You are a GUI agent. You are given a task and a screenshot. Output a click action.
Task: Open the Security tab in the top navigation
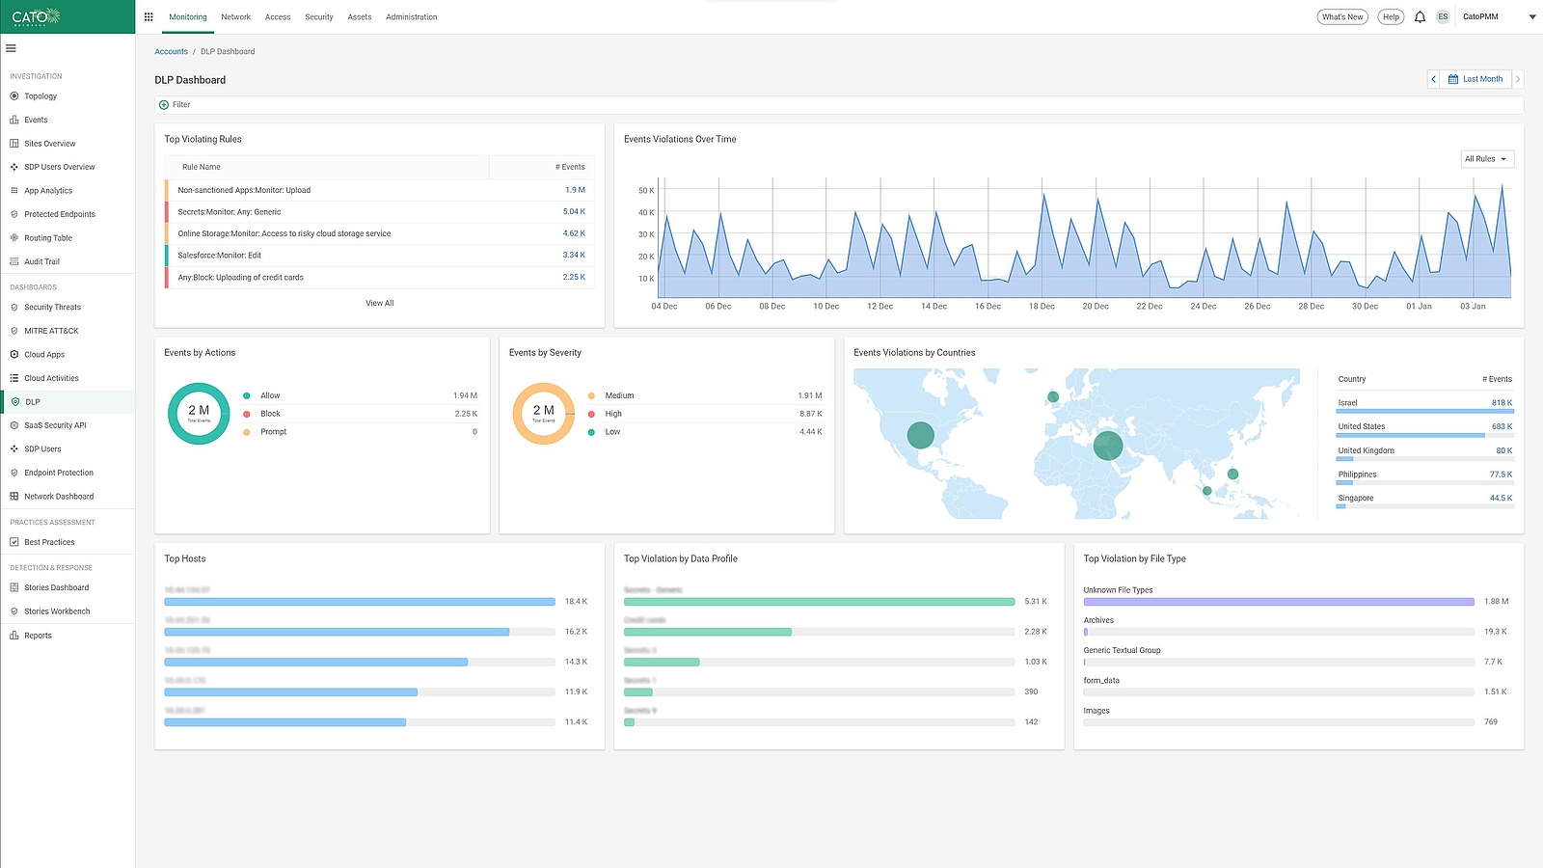coord(319,17)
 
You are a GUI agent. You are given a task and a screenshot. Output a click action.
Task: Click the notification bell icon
coord(1420,17)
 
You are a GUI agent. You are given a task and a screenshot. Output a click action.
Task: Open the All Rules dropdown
coord(1485,159)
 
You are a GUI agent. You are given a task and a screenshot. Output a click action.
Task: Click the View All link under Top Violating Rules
coord(379,304)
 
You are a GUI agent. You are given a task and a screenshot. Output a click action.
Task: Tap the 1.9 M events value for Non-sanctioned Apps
coord(575,190)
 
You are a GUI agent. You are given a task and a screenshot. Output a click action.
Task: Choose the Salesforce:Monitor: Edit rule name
coord(220,256)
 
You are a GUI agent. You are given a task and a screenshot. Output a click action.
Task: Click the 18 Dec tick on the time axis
coord(1042,307)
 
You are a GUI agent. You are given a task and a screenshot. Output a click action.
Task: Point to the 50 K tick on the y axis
coord(646,191)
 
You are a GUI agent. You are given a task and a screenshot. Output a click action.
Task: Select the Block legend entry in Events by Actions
coord(270,414)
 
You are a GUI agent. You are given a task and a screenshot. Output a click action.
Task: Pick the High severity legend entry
coord(613,414)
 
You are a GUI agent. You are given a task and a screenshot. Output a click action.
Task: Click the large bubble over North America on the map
coord(921,435)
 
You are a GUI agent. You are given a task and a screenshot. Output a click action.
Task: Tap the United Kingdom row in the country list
coord(1366,450)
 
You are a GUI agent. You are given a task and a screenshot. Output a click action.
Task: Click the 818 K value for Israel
coord(1502,403)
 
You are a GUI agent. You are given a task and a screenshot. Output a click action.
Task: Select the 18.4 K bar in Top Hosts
coord(359,602)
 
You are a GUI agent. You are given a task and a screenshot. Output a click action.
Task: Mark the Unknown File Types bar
coord(1279,602)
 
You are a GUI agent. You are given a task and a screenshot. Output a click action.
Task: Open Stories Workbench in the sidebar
coord(57,611)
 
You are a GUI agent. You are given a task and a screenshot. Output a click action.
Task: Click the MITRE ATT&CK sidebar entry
coord(51,331)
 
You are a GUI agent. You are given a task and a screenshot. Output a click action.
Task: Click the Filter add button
coord(164,105)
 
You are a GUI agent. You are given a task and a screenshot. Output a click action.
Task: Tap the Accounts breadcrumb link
coord(171,52)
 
